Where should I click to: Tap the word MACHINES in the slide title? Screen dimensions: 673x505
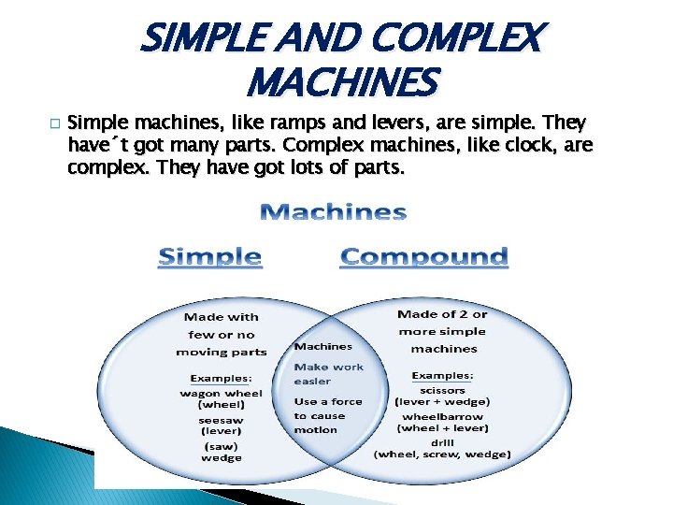(x=341, y=82)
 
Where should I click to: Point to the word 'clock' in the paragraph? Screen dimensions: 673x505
(x=534, y=145)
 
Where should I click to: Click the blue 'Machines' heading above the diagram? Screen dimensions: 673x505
(x=333, y=212)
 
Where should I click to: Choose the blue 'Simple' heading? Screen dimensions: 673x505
(x=209, y=256)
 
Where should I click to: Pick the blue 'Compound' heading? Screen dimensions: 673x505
(x=423, y=256)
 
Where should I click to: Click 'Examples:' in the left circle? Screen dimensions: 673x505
(x=221, y=379)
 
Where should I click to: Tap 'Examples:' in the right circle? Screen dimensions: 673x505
(x=443, y=375)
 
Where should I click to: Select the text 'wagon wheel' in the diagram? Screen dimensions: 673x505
(x=221, y=393)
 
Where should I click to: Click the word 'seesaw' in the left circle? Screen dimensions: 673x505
(x=221, y=420)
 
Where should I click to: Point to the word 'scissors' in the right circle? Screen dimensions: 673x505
(x=443, y=389)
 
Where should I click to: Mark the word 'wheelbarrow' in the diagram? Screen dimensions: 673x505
(x=443, y=416)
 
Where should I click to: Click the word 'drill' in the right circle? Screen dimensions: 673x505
(x=443, y=441)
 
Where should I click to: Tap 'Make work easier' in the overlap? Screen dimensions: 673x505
(x=328, y=374)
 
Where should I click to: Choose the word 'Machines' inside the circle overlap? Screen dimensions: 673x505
(x=323, y=346)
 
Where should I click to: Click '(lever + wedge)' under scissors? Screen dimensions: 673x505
(x=443, y=402)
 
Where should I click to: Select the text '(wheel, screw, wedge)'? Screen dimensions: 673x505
(x=443, y=454)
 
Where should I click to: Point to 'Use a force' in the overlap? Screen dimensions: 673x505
(x=328, y=401)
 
